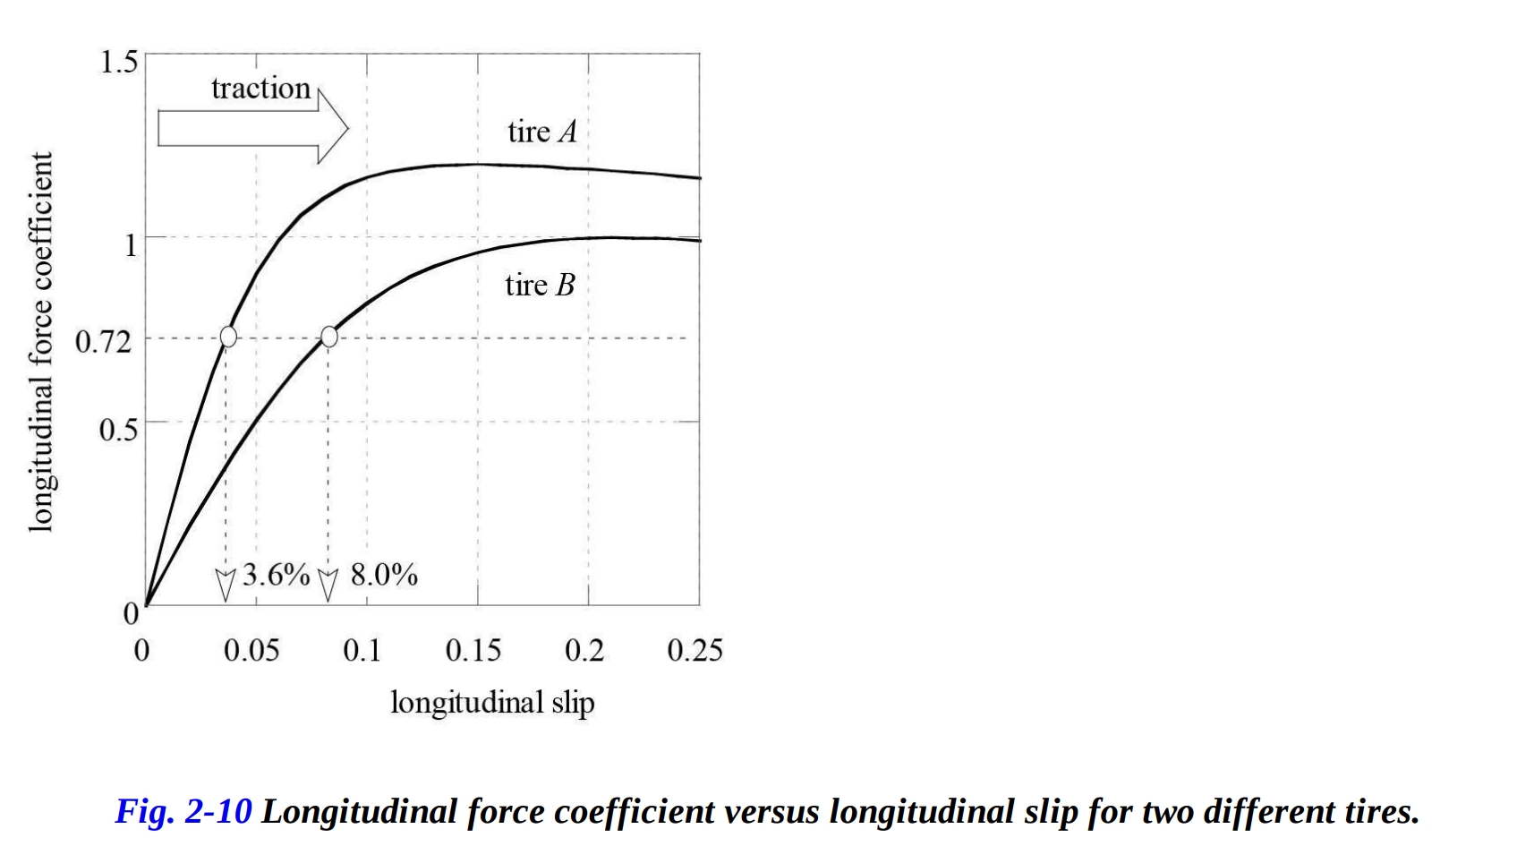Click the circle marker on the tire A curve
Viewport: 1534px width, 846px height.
tap(228, 336)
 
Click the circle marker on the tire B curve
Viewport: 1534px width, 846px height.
tap(329, 336)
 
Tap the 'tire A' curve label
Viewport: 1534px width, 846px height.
tap(541, 132)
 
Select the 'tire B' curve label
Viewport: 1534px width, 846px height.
tap(540, 286)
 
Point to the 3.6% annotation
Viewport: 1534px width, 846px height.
tap(276, 575)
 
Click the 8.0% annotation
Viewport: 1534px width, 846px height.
tap(384, 575)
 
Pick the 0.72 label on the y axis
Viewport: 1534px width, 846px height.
tap(103, 341)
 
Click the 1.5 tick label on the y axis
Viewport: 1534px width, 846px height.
tap(119, 63)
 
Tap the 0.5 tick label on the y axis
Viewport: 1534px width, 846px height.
tap(118, 430)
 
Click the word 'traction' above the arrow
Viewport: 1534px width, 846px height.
tap(260, 89)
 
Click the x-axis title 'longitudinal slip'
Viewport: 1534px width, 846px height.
tap(492, 703)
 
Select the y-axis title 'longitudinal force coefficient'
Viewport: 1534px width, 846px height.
tap(40, 342)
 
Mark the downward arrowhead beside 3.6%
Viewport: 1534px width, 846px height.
tap(226, 584)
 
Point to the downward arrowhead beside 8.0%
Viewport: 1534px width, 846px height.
tap(328, 584)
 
